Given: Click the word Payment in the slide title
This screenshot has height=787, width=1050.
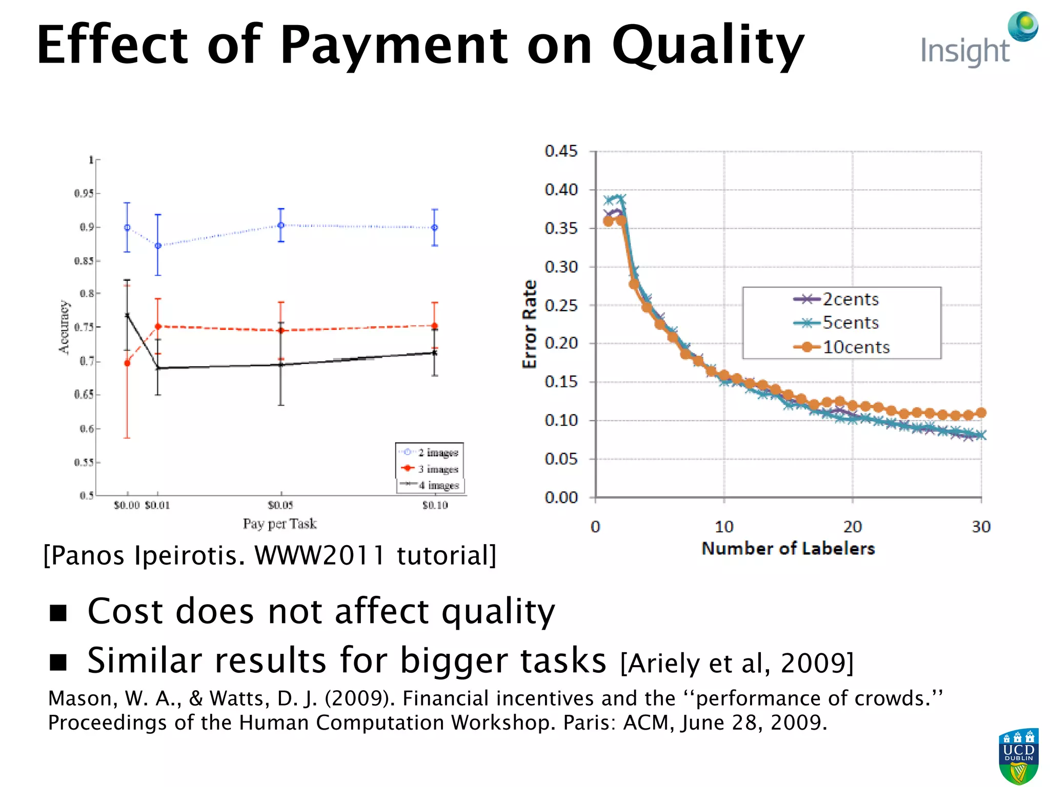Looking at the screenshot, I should click(x=393, y=46).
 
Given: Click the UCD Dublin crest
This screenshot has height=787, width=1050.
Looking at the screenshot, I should click(x=1018, y=756).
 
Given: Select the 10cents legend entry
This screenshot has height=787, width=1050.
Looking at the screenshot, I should click(x=856, y=347).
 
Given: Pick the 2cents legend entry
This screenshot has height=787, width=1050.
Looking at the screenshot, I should click(x=850, y=299).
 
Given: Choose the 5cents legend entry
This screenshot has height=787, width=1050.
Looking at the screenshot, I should click(x=850, y=323).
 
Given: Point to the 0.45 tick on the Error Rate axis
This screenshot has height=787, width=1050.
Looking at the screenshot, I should click(x=561, y=151).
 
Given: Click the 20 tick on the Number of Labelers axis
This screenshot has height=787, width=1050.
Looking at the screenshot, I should click(x=853, y=526).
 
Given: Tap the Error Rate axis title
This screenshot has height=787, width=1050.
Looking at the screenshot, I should click(x=529, y=324).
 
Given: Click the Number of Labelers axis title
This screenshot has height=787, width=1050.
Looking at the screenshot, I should click(x=788, y=549).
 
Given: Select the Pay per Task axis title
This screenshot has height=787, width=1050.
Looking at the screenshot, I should click(x=279, y=524).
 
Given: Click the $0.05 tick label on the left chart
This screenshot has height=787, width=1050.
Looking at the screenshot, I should click(x=280, y=505).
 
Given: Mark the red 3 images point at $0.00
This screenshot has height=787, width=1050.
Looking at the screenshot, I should click(x=127, y=363).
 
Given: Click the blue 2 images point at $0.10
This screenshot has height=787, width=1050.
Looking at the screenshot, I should click(x=435, y=227).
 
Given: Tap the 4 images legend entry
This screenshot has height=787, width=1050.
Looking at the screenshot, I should click(x=438, y=485).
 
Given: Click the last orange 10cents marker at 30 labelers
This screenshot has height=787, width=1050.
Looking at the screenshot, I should click(x=981, y=412).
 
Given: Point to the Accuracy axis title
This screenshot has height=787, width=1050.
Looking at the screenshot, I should click(x=63, y=327).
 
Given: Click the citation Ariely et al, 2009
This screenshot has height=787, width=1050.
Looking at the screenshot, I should click(x=737, y=663).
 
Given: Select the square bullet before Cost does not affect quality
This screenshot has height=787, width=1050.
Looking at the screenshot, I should click(x=58, y=612).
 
